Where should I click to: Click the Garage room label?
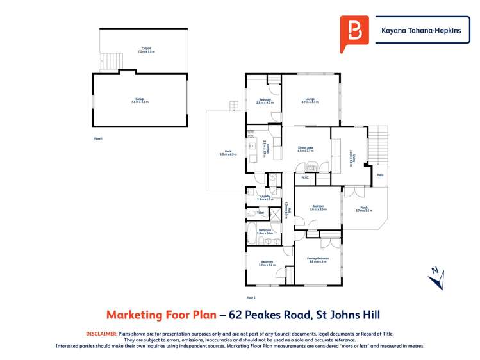point(140,101)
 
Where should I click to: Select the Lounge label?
point(310,100)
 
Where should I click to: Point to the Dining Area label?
point(305,149)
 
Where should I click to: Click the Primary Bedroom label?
point(318,260)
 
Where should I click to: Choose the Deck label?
point(228,152)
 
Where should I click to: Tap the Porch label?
point(363,209)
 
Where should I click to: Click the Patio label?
point(379,174)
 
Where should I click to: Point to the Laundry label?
point(265,197)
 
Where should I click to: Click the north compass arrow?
point(434,277)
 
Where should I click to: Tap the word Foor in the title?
point(164,315)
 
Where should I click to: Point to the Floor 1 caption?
point(98,138)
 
